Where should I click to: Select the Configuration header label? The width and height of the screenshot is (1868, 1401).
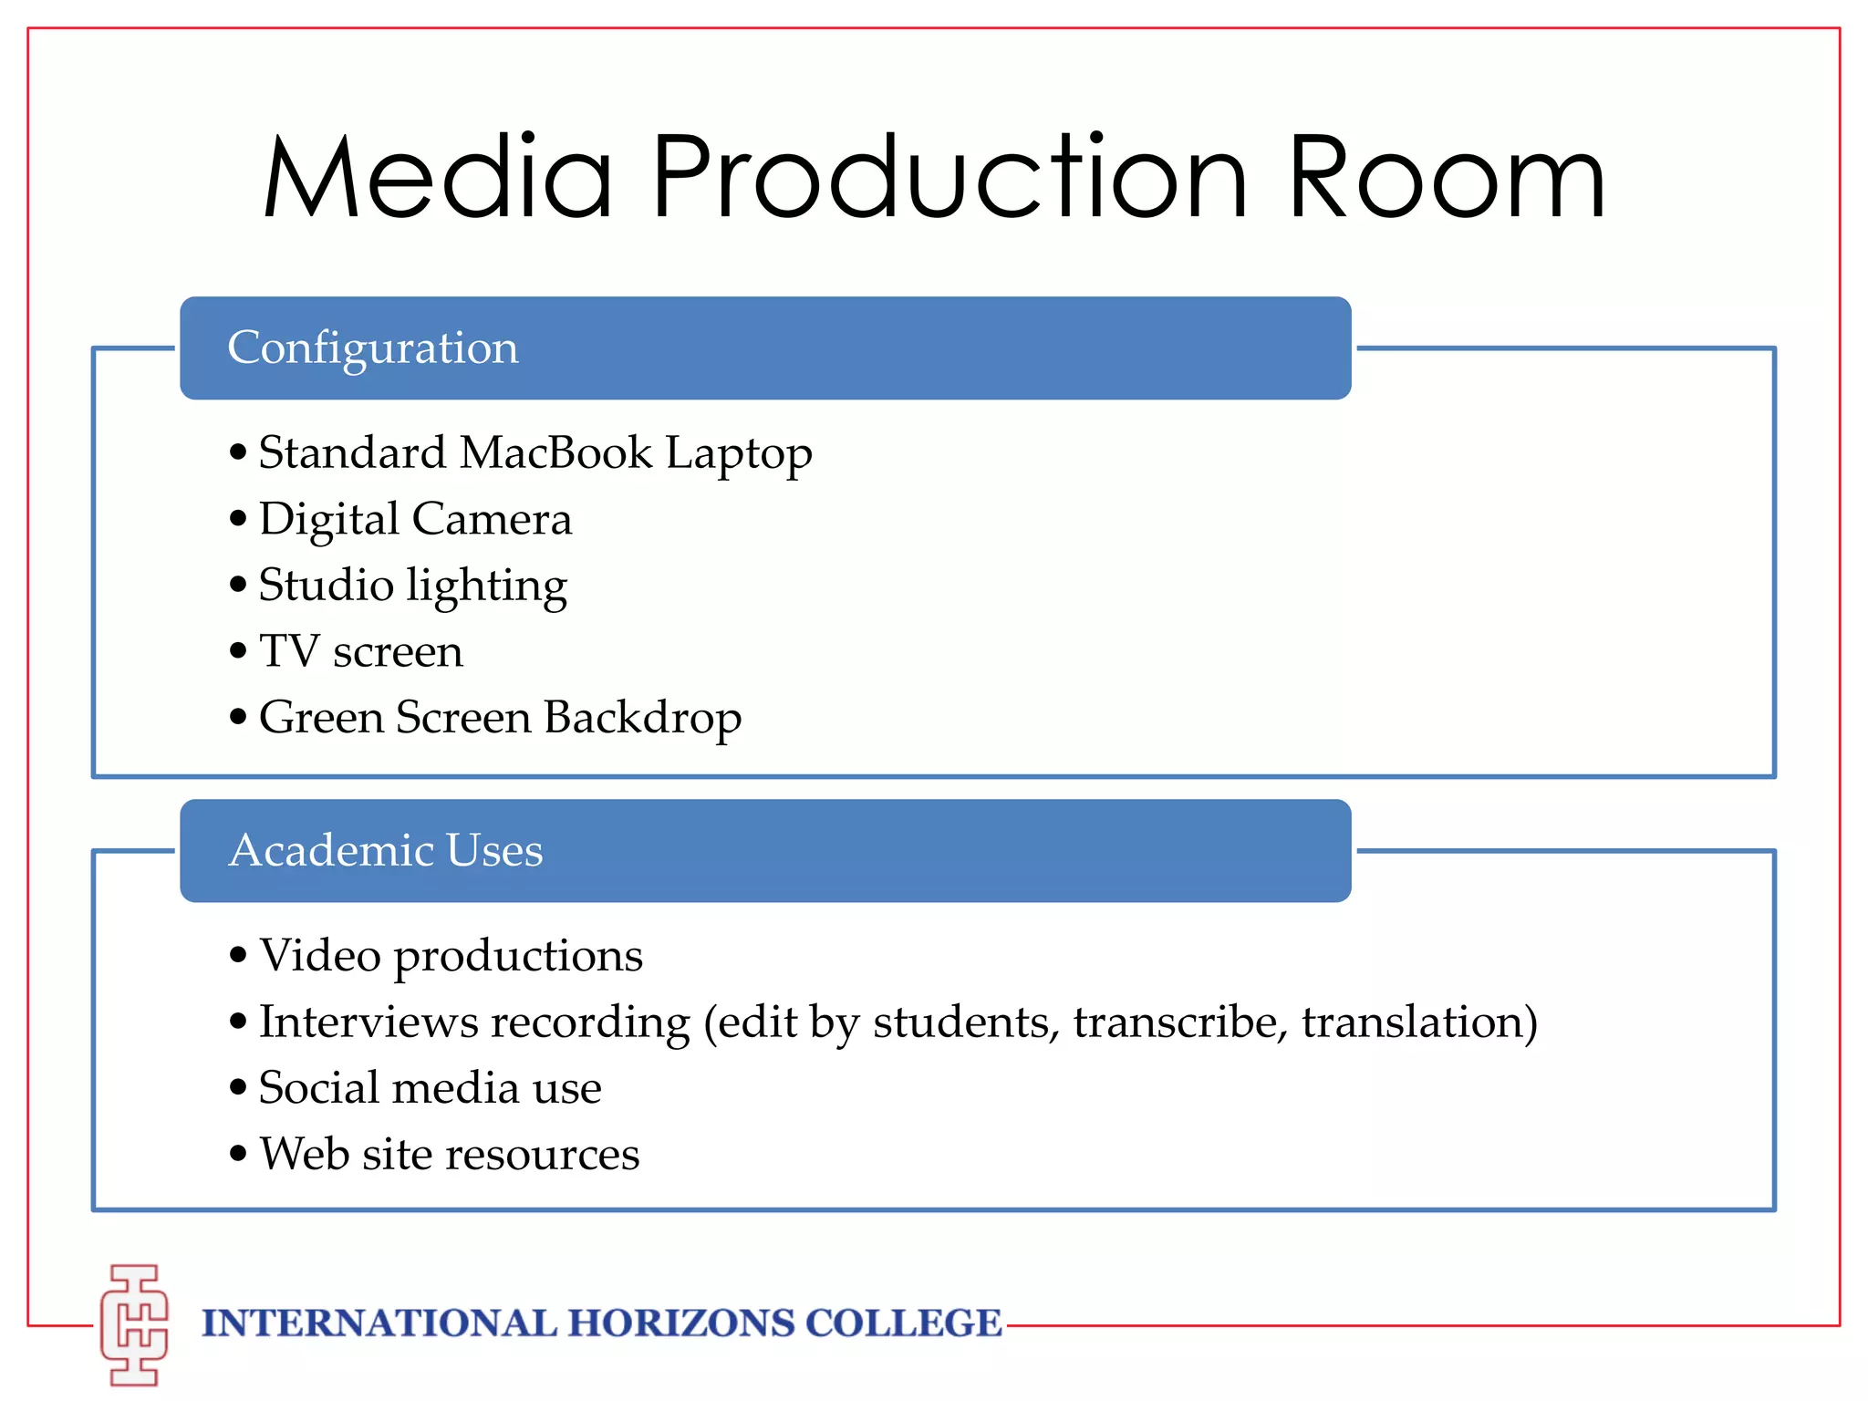[373, 348]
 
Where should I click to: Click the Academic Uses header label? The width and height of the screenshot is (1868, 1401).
[385, 850]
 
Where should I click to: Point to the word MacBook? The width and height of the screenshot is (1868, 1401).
[555, 452]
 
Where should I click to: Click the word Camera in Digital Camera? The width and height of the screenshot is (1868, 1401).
[492, 519]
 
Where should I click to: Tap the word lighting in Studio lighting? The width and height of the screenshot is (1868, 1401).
[487, 586]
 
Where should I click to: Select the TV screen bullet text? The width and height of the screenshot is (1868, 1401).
[361, 651]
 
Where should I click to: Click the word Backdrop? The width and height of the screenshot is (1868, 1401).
[642, 718]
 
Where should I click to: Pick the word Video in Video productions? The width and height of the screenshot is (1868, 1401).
[320, 956]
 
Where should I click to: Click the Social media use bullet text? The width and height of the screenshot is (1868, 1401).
[430, 1088]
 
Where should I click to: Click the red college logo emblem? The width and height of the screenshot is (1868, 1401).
[135, 1324]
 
